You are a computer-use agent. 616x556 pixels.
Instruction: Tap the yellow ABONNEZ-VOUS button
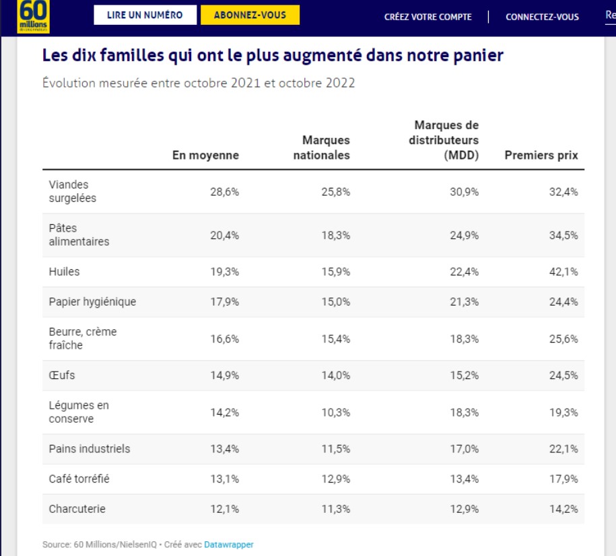tap(249, 15)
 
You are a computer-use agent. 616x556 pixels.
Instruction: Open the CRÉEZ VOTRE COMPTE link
tap(427, 17)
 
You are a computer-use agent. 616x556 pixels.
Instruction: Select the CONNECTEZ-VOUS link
tap(542, 17)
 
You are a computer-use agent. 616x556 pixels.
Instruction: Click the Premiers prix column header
tap(541, 155)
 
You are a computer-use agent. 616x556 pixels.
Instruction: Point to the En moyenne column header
tap(205, 155)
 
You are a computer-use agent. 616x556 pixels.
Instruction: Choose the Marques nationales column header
tap(326, 148)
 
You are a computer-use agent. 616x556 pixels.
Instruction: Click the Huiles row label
tap(65, 272)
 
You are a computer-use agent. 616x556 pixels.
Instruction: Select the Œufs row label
tap(62, 376)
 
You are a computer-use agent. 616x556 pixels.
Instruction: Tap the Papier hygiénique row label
tap(92, 302)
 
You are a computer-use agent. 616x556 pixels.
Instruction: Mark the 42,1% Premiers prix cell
tap(563, 272)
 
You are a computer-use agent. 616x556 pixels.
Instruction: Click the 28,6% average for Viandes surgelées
tap(225, 192)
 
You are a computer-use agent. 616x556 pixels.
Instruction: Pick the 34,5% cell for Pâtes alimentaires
tap(563, 235)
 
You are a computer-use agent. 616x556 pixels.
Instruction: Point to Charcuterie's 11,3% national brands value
tap(336, 509)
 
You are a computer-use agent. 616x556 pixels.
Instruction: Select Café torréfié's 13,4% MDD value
tap(465, 479)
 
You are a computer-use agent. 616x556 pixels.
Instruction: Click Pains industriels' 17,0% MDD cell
tap(465, 449)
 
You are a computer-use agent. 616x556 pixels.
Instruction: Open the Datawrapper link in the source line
tap(229, 545)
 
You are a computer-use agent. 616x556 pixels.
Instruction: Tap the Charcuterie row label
tap(77, 509)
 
